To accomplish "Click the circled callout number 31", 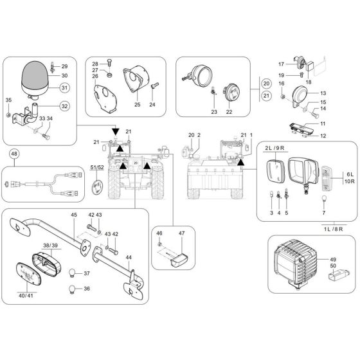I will pos(64,87).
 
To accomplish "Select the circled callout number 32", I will pos(64,106).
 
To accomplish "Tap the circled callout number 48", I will pos(14,154).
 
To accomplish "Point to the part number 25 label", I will pos(137,104).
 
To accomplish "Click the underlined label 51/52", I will pos(97,168).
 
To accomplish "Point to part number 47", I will pos(181,233).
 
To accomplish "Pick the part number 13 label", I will pos(323,94).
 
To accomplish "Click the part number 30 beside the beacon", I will pos(64,76).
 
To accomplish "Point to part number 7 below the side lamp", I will pos(324,212).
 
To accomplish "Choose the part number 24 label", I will pos(152,104).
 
